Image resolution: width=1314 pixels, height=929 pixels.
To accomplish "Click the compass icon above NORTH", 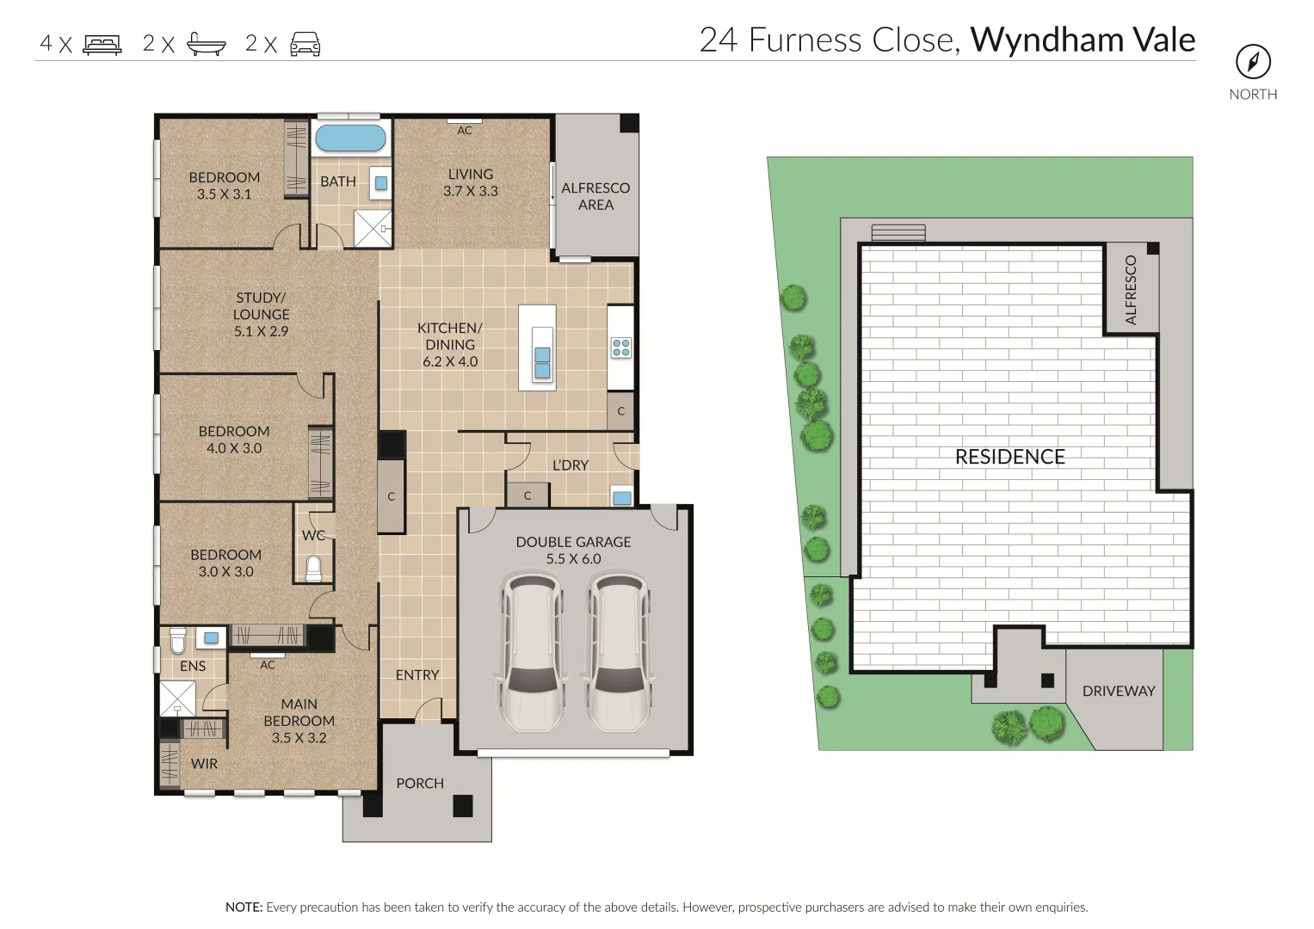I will tap(1253, 61).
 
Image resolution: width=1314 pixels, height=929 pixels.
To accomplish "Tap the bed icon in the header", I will tap(102, 44).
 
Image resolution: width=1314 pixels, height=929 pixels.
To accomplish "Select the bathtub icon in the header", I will tap(207, 44).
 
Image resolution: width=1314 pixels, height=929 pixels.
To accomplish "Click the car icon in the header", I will tap(305, 44).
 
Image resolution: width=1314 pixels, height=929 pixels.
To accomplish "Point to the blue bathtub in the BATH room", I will tap(350, 138).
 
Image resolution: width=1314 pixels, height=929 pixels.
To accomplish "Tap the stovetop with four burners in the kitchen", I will tap(620, 348).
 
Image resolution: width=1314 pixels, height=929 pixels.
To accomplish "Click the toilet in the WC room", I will tap(313, 568).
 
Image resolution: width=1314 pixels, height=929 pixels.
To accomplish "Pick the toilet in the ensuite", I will tap(178, 640).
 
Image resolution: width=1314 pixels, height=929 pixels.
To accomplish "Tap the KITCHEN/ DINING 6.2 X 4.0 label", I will tap(450, 344).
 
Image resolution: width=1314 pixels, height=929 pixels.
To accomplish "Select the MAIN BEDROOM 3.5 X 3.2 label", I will tap(299, 721).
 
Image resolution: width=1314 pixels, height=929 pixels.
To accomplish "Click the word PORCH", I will tap(420, 783).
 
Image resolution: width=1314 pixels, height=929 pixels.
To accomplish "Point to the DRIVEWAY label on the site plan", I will tap(1118, 691).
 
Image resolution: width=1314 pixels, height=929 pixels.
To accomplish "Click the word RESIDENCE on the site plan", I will tap(1009, 457).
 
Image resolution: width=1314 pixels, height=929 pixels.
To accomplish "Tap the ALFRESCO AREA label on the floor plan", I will tap(595, 196).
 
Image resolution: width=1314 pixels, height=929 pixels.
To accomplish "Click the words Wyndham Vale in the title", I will tap(1083, 40).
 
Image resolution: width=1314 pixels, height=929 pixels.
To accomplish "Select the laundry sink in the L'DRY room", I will tap(621, 497).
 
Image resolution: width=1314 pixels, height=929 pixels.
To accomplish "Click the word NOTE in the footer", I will tap(244, 907).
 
